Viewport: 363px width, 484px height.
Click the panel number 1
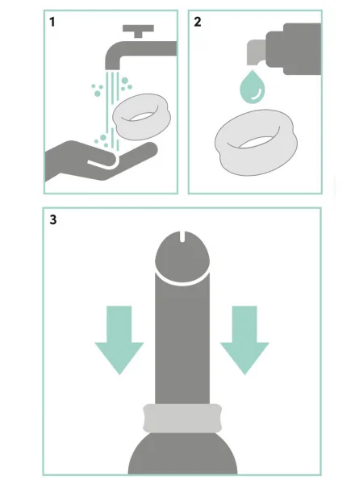(52, 22)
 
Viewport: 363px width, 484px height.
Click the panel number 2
(198, 22)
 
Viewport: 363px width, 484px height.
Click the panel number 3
(53, 219)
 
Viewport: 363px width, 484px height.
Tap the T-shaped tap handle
(138, 31)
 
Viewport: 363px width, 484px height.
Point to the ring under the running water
(142, 117)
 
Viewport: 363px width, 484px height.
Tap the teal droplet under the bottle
(252, 87)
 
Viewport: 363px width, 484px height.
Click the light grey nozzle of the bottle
(257, 52)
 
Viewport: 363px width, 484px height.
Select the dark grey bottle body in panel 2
(294, 48)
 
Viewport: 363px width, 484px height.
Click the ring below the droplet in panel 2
(257, 143)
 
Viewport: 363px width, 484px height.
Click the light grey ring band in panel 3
(182, 418)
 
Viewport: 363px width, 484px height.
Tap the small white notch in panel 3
(182, 236)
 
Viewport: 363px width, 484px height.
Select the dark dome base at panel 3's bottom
(183, 453)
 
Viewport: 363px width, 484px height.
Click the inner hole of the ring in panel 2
(257, 143)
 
